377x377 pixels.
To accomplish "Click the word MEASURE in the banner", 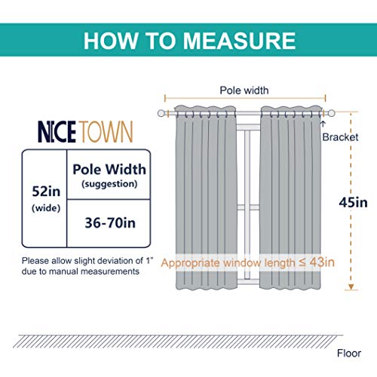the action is pos(239,41).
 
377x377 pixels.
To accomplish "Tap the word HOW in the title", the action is pos(111,41).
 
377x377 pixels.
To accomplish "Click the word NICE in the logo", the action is pos(57,132).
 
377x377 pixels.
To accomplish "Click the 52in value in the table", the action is pos(46,192).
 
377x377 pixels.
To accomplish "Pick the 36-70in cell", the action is pos(110,223).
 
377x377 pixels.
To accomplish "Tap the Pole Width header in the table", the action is pos(109,169).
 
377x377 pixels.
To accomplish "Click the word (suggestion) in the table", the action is pos(109,184).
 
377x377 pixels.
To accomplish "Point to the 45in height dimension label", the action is pos(353,203).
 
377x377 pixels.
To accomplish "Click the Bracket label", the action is pos(340,137).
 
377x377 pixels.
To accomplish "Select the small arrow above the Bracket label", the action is pos(323,124).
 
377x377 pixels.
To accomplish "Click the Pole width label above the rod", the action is pos(244,90).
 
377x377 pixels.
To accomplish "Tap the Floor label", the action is pos(349,354).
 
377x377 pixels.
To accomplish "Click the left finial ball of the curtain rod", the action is pos(161,113).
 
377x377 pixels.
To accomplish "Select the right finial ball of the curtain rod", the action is pos(332,113).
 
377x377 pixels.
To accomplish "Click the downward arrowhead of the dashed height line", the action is pos(351,287).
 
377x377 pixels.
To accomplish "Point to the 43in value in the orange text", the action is pos(322,262).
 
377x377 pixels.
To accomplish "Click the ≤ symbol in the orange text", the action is pos(302,263).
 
